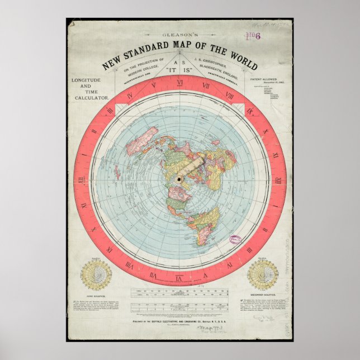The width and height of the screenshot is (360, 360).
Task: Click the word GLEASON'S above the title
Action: pos(179,33)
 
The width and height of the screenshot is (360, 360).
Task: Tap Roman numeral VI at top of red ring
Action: pos(179,83)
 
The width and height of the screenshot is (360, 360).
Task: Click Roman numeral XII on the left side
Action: pos(82,180)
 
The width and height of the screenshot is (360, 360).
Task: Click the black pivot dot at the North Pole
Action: pos(179,179)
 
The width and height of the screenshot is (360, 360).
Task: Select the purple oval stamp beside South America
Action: pos(235,239)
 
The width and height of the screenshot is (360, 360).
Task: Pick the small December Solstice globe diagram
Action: pos(262,274)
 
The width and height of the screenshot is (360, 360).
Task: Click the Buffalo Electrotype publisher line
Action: pos(179,323)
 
